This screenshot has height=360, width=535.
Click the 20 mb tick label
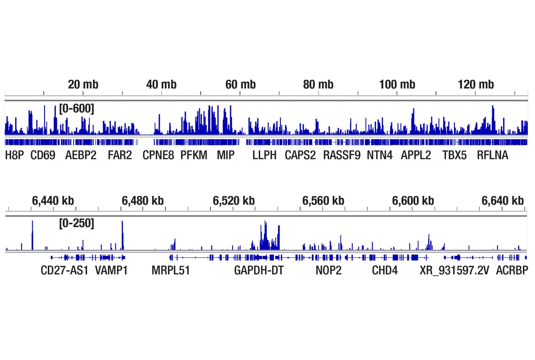(x=83, y=85)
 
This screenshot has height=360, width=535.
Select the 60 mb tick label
(x=241, y=85)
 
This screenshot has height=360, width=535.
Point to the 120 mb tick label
(x=476, y=85)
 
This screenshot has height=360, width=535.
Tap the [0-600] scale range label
(x=76, y=109)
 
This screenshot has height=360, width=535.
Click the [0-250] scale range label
(x=76, y=224)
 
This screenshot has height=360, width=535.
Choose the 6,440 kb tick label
(x=53, y=201)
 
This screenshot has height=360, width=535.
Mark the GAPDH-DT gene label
(x=259, y=270)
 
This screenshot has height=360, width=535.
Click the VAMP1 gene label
(x=112, y=270)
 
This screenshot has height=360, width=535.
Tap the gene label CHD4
(x=384, y=270)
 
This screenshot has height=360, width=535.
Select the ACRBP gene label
(x=512, y=270)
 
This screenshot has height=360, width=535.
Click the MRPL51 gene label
(x=171, y=270)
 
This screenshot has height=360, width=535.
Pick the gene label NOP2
(x=328, y=270)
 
